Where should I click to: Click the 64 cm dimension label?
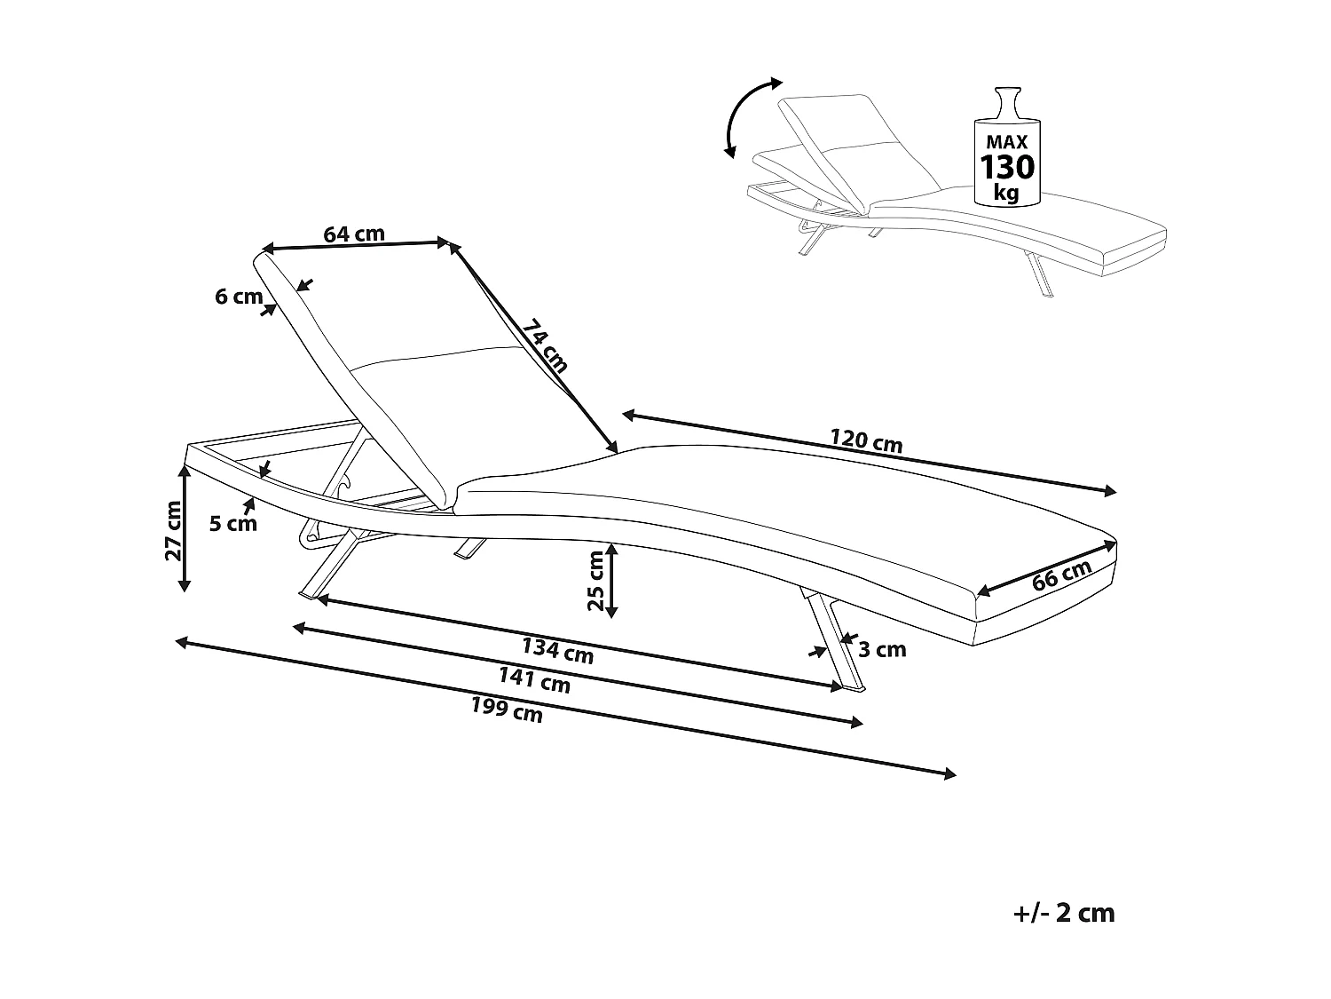(x=354, y=234)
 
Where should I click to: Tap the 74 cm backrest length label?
(x=545, y=345)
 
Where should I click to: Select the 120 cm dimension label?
(x=866, y=441)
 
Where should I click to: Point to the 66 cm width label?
(x=1062, y=575)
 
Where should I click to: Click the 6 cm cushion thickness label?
(x=239, y=297)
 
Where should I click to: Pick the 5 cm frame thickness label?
(x=233, y=523)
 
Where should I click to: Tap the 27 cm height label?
(x=173, y=531)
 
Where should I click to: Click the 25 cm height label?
(x=596, y=580)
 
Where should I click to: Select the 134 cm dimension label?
(x=557, y=652)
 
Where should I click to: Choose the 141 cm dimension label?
(x=534, y=680)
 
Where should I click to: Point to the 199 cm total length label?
(x=507, y=710)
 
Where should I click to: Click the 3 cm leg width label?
(x=882, y=650)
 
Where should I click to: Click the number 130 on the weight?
(x=1007, y=168)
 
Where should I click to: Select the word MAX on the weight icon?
(x=1007, y=142)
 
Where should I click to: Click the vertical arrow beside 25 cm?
(x=612, y=581)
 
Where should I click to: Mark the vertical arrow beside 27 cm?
(x=185, y=527)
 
